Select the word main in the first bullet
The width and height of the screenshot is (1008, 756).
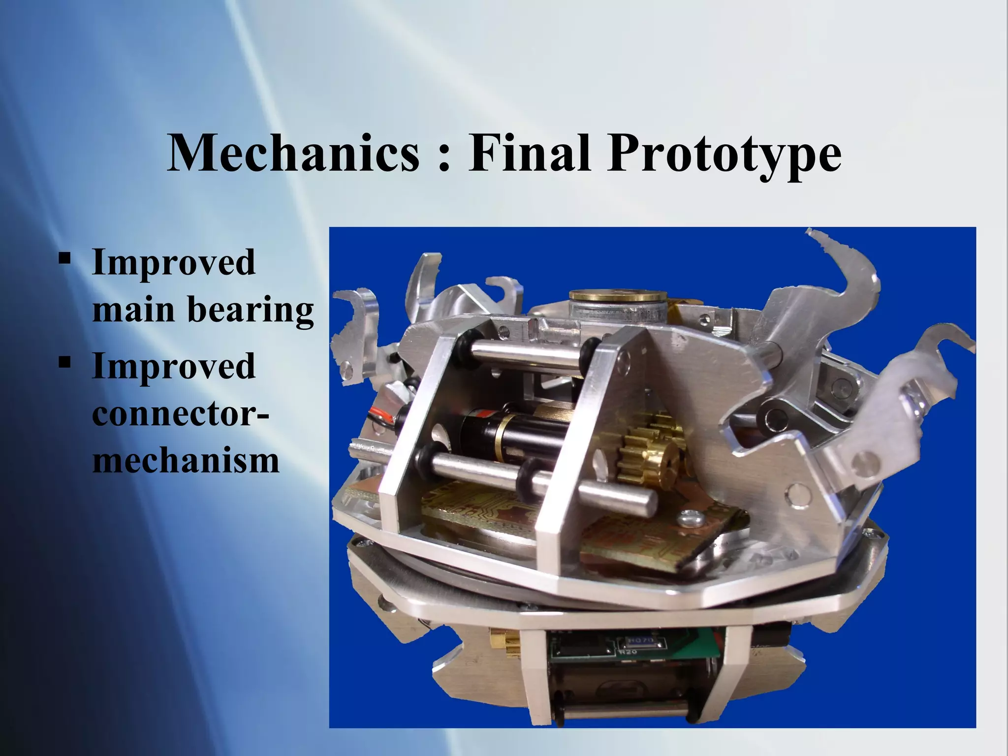click(x=133, y=310)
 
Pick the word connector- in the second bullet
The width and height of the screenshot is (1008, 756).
click(x=180, y=414)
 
